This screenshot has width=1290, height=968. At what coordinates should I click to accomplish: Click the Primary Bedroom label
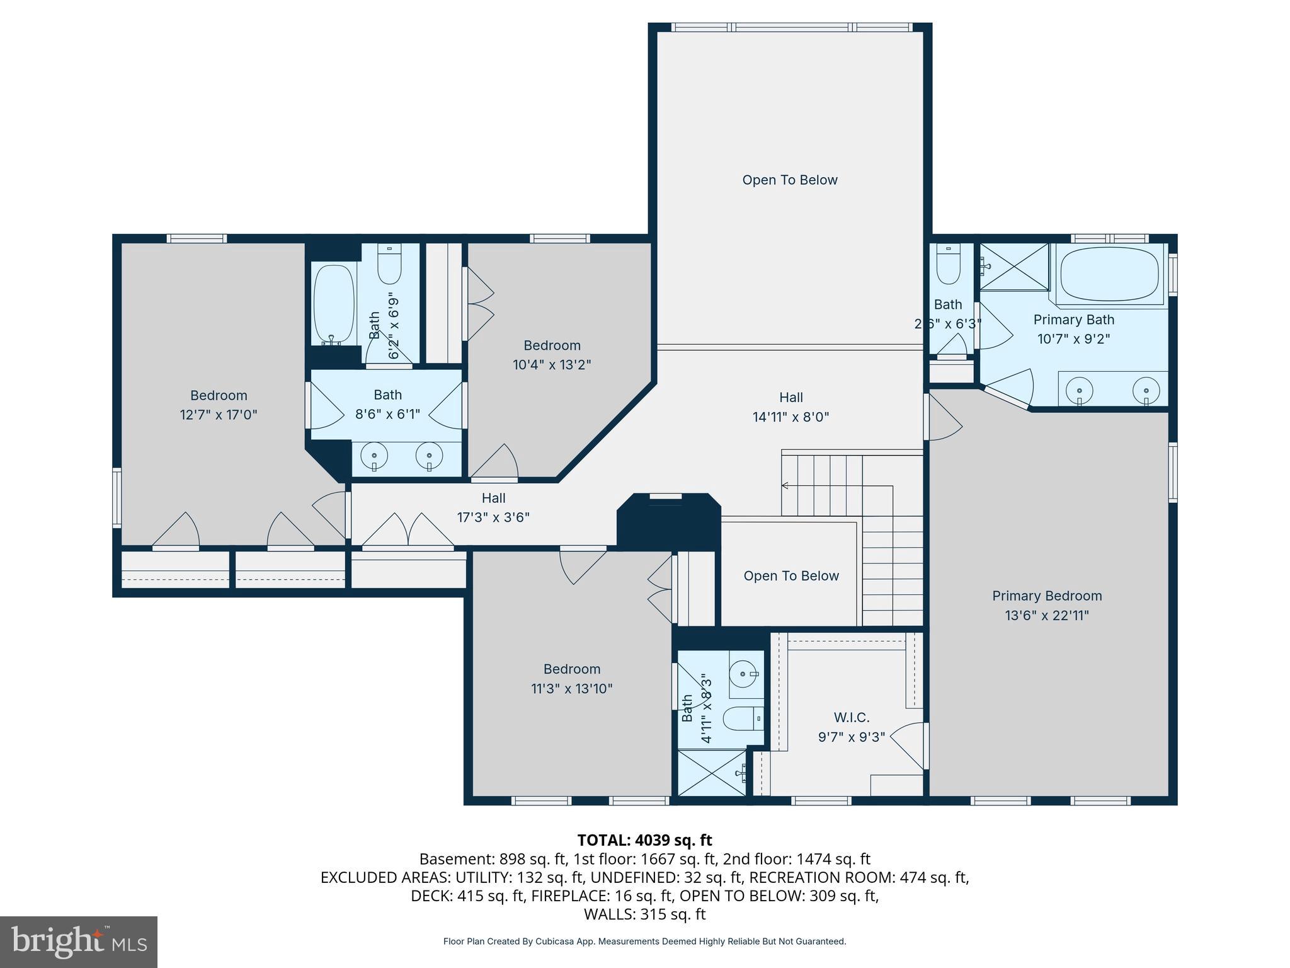[x=1046, y=596]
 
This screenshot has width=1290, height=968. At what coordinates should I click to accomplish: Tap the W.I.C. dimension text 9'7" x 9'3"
[x=852, y=737]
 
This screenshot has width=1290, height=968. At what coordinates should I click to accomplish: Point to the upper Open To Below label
[x=789, y=180]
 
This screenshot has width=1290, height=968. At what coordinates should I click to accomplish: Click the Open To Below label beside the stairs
[x=791, y=576]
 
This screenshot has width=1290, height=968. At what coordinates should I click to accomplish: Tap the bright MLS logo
[x=78, y=942]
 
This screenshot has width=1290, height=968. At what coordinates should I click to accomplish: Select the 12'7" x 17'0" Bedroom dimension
[x=219, y=415]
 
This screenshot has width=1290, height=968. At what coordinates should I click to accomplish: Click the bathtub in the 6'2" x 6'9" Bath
[x=333, y=304]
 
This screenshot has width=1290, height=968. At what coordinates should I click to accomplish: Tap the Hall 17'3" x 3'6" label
[x=493, y=508]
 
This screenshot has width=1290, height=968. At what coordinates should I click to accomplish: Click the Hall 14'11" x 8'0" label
[x=791, y=407]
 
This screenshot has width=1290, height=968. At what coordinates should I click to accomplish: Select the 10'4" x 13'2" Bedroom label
[x=552, y=355]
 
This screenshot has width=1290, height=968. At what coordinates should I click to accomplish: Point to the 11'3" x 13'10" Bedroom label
[x=571, y=679]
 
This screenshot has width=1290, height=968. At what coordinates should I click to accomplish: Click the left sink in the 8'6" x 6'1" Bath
[x=375, y=456]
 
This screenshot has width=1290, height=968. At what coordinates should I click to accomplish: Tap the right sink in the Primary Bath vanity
[x=1146, y=389]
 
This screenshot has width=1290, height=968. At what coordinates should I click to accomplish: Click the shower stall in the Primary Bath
[x=1013, y=267]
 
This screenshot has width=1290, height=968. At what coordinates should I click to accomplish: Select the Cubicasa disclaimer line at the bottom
[x=644, y=942]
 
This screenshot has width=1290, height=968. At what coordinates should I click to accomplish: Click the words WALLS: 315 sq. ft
[x=644, y=914]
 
